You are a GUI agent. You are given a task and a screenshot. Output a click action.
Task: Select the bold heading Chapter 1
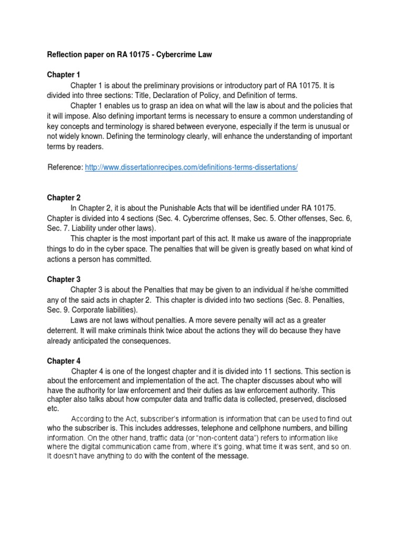coord(64,75)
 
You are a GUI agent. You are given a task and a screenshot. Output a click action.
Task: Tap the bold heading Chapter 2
coord(64,198)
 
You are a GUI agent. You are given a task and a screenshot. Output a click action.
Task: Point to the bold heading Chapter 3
coord(64,279)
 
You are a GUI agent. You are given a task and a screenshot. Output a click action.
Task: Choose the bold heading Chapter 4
coord(64,361)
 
